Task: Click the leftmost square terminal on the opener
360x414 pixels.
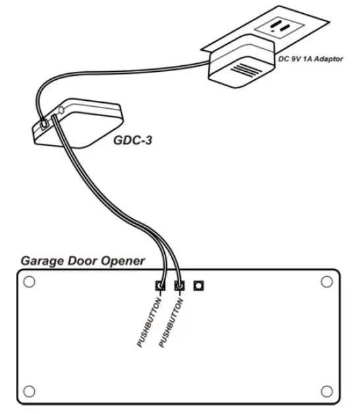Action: (x=160, y=286)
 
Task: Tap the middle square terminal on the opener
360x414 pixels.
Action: (x=178, y=286)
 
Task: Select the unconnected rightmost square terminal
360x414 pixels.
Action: (x=198, y=286)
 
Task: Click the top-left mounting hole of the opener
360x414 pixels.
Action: (x=28, y=282)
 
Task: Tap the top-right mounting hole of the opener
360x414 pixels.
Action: (x=326, y=282)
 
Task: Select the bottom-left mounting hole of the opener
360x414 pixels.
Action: (x=28, y=390)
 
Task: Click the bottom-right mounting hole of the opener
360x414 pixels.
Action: (x=326, y=390)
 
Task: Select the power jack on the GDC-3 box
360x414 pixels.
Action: (x=44, y=123)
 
